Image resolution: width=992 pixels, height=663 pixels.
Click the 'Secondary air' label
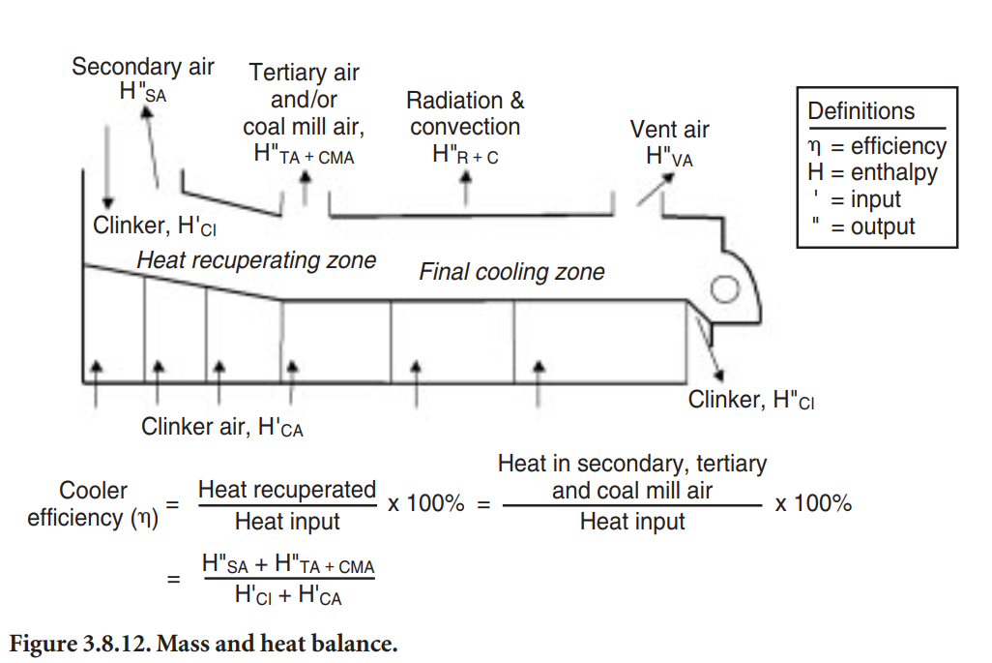(143, 67)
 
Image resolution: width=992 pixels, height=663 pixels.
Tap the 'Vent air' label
(669, 130)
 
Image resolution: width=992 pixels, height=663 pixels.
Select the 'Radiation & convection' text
(465, 113)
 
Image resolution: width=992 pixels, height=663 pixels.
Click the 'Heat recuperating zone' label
(256, 259)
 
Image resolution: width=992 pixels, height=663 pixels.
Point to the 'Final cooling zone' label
(511, 272)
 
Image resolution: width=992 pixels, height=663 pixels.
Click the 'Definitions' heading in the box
(861, 111)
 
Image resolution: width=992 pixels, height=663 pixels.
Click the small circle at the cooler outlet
(723, 289)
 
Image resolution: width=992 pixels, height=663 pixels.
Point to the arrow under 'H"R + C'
(466, 186)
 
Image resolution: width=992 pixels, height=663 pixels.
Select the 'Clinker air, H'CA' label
(222, 427)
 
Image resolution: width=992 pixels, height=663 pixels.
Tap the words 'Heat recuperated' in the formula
(287, 491)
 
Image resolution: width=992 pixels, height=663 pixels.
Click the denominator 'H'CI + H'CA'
(288, 595)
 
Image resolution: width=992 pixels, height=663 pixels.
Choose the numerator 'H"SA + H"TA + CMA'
(288, 565)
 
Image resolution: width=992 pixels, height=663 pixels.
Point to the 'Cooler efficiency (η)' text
(92, 504)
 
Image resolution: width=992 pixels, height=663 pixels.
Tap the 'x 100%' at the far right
(813, 504)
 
